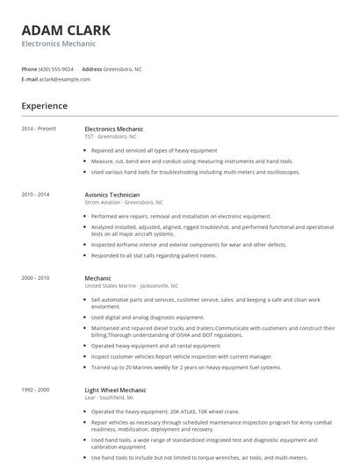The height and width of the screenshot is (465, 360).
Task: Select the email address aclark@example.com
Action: pos(65,79)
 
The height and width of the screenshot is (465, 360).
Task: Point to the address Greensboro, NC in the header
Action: pos(123,68)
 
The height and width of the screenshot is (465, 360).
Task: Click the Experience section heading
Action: pos(44,106)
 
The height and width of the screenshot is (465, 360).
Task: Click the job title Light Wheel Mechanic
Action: pos(115,389)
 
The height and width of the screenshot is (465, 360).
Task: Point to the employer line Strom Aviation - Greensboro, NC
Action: pos(124,202)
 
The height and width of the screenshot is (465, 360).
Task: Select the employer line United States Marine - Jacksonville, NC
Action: pos(131,286)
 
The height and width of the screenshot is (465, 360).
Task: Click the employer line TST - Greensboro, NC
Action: pos(111,137)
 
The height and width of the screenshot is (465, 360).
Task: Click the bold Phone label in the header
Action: pos(29,68)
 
